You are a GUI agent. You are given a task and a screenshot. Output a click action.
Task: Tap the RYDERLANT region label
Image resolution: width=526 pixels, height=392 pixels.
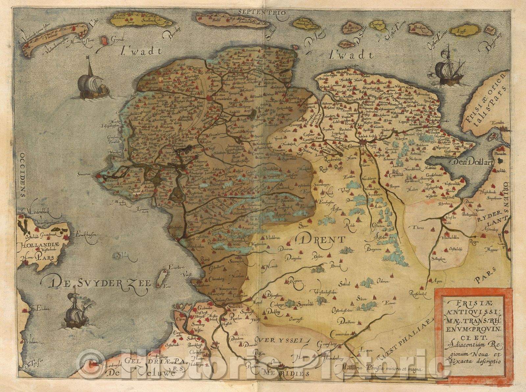[490, 220]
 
